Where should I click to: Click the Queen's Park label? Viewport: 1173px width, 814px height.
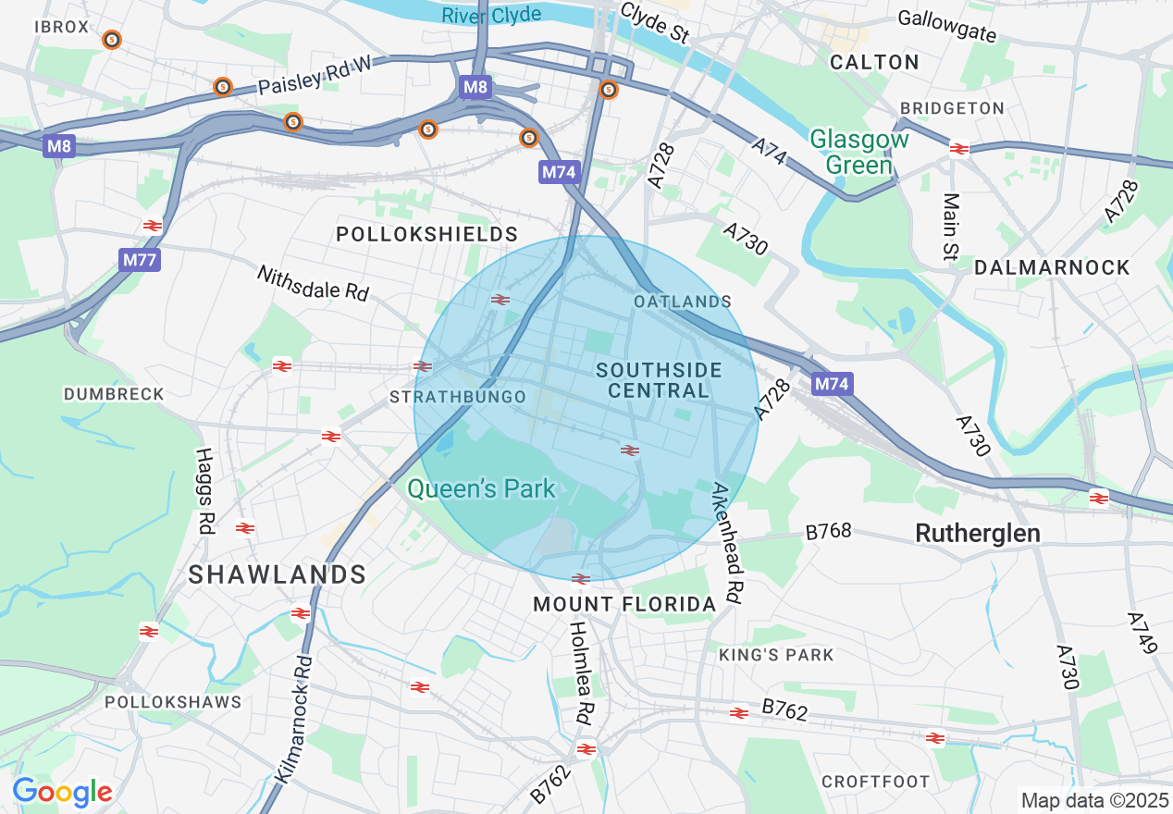481,488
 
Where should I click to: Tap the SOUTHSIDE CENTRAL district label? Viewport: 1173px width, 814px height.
659,380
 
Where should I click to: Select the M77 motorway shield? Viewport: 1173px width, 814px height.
140,260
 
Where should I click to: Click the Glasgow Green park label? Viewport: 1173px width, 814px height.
859,153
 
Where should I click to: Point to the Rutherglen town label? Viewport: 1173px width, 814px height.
977,533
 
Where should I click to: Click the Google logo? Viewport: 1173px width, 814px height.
62,792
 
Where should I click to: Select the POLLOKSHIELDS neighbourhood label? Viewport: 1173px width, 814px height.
426,234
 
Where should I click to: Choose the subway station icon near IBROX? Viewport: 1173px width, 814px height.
112,40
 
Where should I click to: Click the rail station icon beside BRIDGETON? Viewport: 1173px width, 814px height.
958,148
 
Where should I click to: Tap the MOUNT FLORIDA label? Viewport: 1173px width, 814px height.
624,605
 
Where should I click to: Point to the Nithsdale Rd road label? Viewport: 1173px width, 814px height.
313,283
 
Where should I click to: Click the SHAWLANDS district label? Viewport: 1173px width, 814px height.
278,574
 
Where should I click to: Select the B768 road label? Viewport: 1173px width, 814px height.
828,532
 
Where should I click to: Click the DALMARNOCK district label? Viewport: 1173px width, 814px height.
1052,267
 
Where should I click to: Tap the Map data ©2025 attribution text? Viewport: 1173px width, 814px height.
1093,800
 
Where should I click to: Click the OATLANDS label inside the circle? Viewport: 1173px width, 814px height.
683,302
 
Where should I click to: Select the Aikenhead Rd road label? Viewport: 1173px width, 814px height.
727,545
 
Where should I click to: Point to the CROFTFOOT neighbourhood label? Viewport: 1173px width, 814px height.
875,782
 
